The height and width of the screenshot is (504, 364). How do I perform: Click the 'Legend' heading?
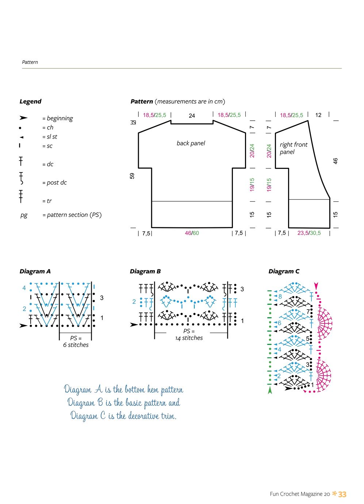click(x=30, y=102)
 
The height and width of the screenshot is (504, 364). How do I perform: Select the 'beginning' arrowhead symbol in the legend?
click(x=23, y=118)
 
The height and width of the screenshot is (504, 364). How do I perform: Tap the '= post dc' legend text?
click(x=54, y=182)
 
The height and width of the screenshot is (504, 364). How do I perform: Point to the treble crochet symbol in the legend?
click(x=21, y=196)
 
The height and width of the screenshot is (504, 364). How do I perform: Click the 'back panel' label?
click(x=191, y=143)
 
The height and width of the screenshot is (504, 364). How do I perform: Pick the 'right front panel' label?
click(x=294, y=148)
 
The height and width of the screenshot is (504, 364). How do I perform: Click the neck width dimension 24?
click(x=192, y=115)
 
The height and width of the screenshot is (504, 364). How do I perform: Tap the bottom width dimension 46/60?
click(x=192, y=233)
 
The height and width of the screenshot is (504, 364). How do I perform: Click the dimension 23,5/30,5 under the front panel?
click(x=309, y=233)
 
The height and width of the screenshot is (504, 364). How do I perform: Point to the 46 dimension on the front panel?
click(x=335, y=161)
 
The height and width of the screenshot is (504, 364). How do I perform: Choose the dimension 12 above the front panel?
click(x=318, y=115)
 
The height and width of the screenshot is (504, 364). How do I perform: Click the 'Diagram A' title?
click(x=35, y=271)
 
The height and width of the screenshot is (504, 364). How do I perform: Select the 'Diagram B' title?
click(x=145, y=271)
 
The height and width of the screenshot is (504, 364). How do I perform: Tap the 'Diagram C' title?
click(x=284, y=271)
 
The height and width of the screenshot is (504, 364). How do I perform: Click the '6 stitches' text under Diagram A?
click(x=76, y=345)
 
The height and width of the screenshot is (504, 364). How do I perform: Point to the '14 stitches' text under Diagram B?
click(x=189, y=338)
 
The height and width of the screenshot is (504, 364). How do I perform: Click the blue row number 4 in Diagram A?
click(x=24, y=288)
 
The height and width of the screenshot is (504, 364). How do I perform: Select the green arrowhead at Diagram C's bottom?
click(x=270, y=390)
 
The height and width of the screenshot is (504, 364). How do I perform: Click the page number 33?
click(x=342, y=494)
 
